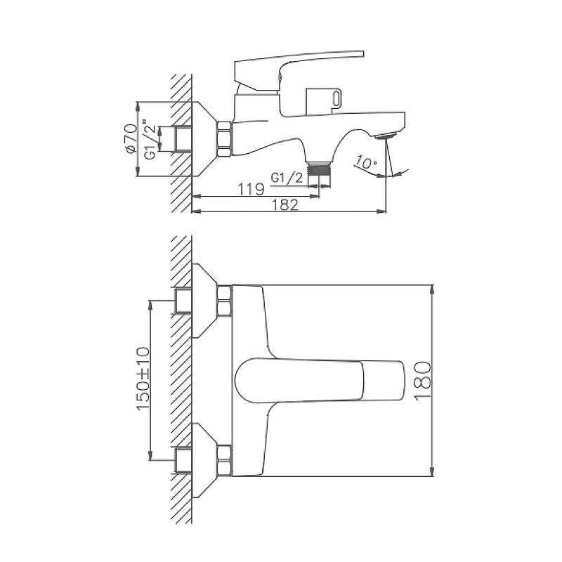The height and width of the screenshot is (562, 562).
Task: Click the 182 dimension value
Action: [x=285, y=204]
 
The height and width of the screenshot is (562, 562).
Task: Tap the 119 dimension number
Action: [x=251, y=189]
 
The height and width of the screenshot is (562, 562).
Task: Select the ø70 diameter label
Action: [x=131, y=139]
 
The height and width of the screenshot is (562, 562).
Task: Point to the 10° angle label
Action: [x=365, y=162]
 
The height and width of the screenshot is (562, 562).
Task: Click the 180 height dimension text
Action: [x=423, y=380]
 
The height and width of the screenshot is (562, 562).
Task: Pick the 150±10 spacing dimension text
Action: [x=143, y=379]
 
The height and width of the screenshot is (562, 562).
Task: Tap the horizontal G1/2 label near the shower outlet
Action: [x=287, y=178]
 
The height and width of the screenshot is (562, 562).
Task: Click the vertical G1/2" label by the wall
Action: [x=150, y=139]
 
